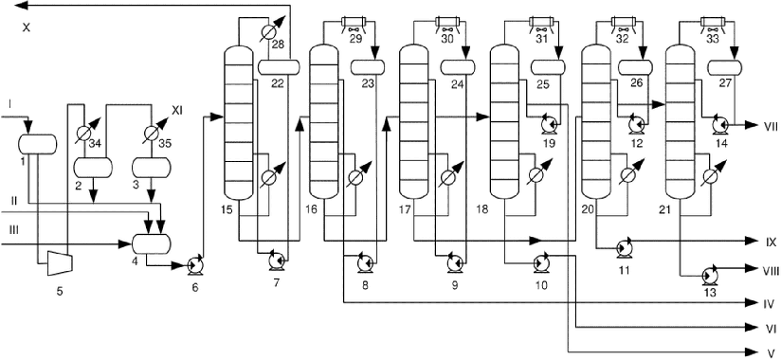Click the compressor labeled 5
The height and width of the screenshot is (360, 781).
(60, 262)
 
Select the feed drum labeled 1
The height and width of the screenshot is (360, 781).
(37, 144)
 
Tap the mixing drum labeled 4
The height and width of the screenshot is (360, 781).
(152, 243)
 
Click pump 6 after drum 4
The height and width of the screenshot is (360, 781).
(194, 266)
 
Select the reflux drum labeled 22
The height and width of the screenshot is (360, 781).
(280, 66)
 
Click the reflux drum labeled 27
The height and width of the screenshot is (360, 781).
(725, 66)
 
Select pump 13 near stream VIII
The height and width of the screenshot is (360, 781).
(708, 276)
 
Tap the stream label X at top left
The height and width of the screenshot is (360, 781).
(26, 27)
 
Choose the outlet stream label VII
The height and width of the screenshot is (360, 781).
(769, 126)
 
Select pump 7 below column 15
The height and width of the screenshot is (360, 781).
(277, 261)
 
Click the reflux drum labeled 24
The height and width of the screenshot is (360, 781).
(458, 66)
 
